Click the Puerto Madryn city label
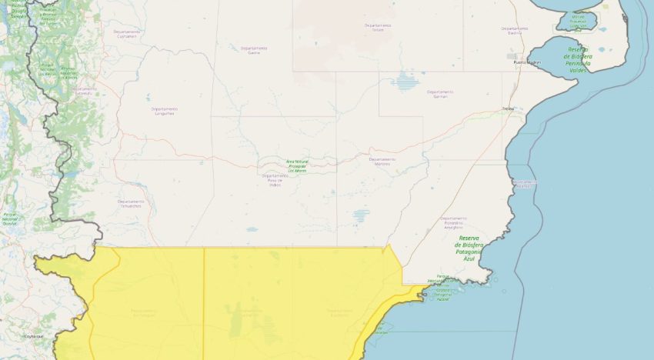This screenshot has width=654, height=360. (x=527, y=62)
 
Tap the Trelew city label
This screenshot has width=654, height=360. (x=507, y=108)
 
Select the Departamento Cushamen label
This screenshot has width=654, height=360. (x=128, y=35)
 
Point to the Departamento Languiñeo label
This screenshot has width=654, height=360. (x=164, y=111)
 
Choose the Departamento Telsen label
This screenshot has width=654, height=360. (x=378, y=27)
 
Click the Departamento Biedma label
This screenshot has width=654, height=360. (x=515, y=30)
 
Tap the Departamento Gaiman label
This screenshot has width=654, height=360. (x=440, y=94)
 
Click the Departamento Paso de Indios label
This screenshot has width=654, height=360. (x=275, y=179)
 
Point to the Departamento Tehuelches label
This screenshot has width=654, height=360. (x=130, y=203)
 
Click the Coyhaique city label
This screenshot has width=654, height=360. (x=33, y=336)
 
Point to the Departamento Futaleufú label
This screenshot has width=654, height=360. (x=84, y=90)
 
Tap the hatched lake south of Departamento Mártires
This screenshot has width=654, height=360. (x=362, y=215)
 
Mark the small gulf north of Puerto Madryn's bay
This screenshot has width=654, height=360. (x=576, y=21)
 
